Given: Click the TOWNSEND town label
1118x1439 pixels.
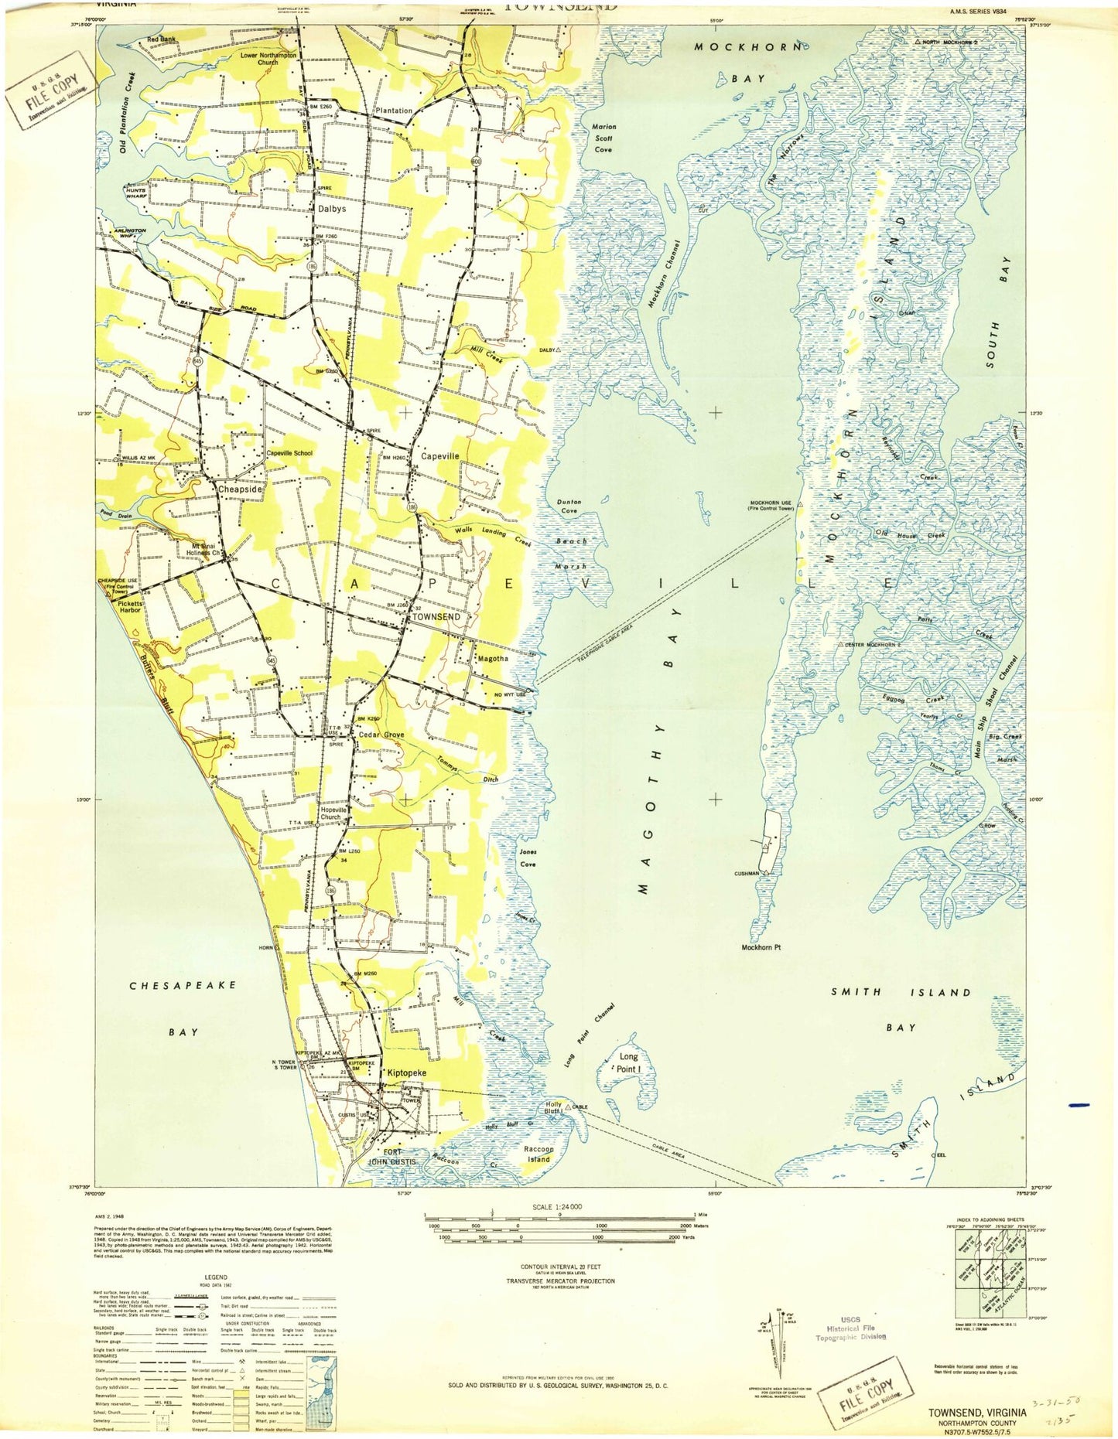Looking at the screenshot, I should pos(436,617).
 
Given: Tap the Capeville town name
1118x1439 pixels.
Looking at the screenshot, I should pos(439,456).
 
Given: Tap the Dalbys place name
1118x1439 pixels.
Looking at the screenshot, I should pos(332,209).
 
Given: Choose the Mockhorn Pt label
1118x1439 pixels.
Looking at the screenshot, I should pos(761,947).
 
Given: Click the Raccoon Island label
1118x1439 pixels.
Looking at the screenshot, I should pos(538,1154).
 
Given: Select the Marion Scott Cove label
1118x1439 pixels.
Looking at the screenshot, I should pos(603,138).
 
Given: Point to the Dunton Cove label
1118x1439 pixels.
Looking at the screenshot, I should pos(569,506).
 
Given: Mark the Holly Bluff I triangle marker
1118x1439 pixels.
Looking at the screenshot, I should pos(568,1108).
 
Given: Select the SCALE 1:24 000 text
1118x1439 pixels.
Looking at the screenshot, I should pos(557,1208).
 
